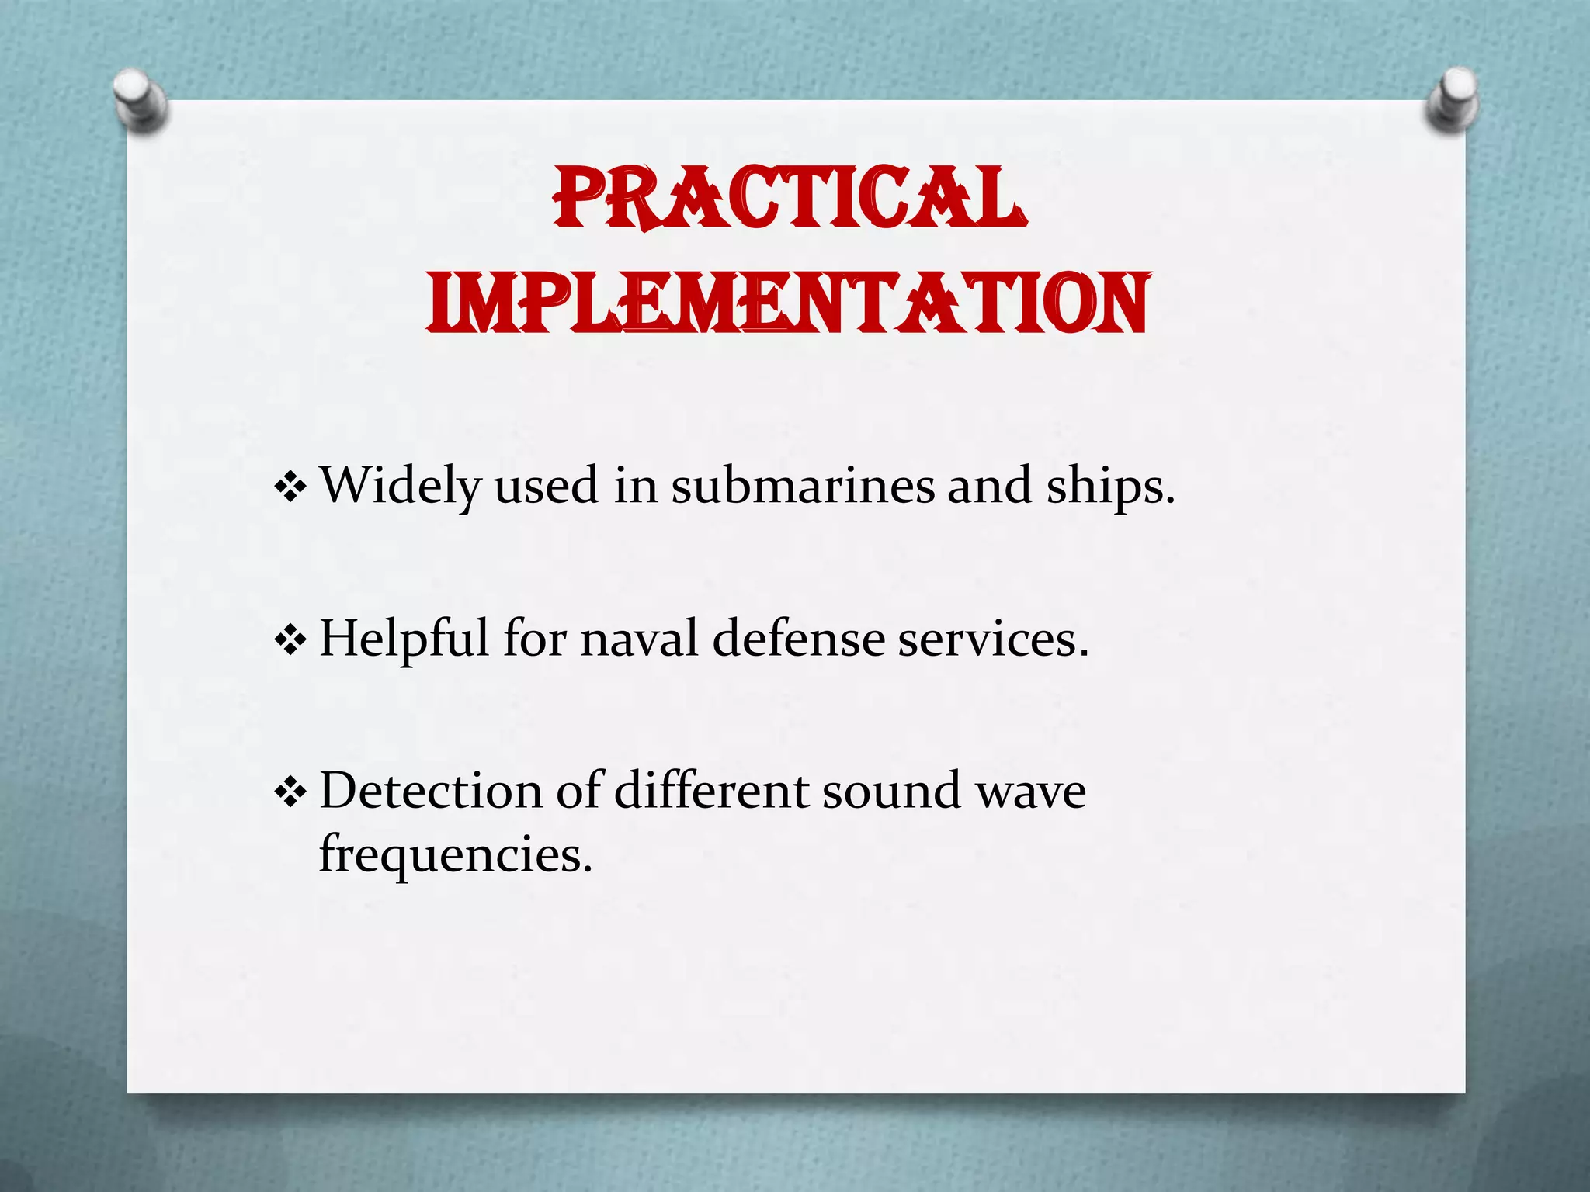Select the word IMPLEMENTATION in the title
[787, 304]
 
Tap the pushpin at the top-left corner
[140, 100]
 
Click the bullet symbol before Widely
[290, 488]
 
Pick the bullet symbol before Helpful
[290, 641]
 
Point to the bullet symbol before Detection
[290, 793]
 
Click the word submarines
[801, 486]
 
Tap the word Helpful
[404, 639]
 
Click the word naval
[639, 639]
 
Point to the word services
[993, 639]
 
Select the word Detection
[430, 791]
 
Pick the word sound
[891, 791]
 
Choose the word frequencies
[455, 855]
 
